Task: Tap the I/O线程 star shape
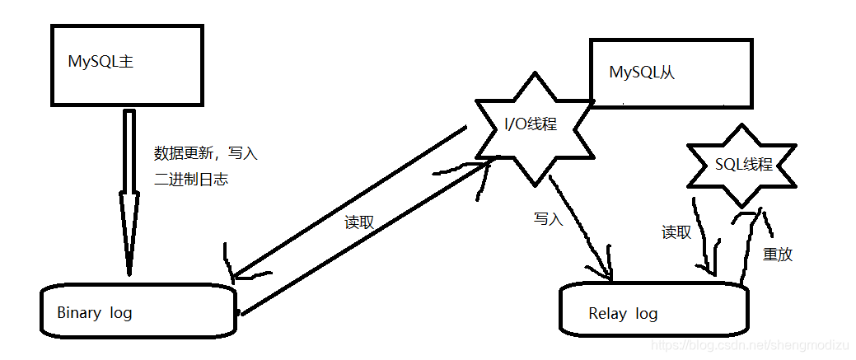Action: tap(531, 125)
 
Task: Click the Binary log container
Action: tap(138, 311)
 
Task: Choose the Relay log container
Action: tap(655, 312)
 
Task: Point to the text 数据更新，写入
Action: tap(206, 153)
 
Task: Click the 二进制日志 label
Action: tap(191, 179)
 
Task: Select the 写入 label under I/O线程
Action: tap(548, 219)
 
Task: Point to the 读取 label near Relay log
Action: tap(676, 232)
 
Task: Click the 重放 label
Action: tap(778, 254)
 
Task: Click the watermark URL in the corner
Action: tap(750, 348)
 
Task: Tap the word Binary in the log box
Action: tap(79, 312)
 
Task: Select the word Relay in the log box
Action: tap(607, 313)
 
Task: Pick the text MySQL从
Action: tap(642, 72)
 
